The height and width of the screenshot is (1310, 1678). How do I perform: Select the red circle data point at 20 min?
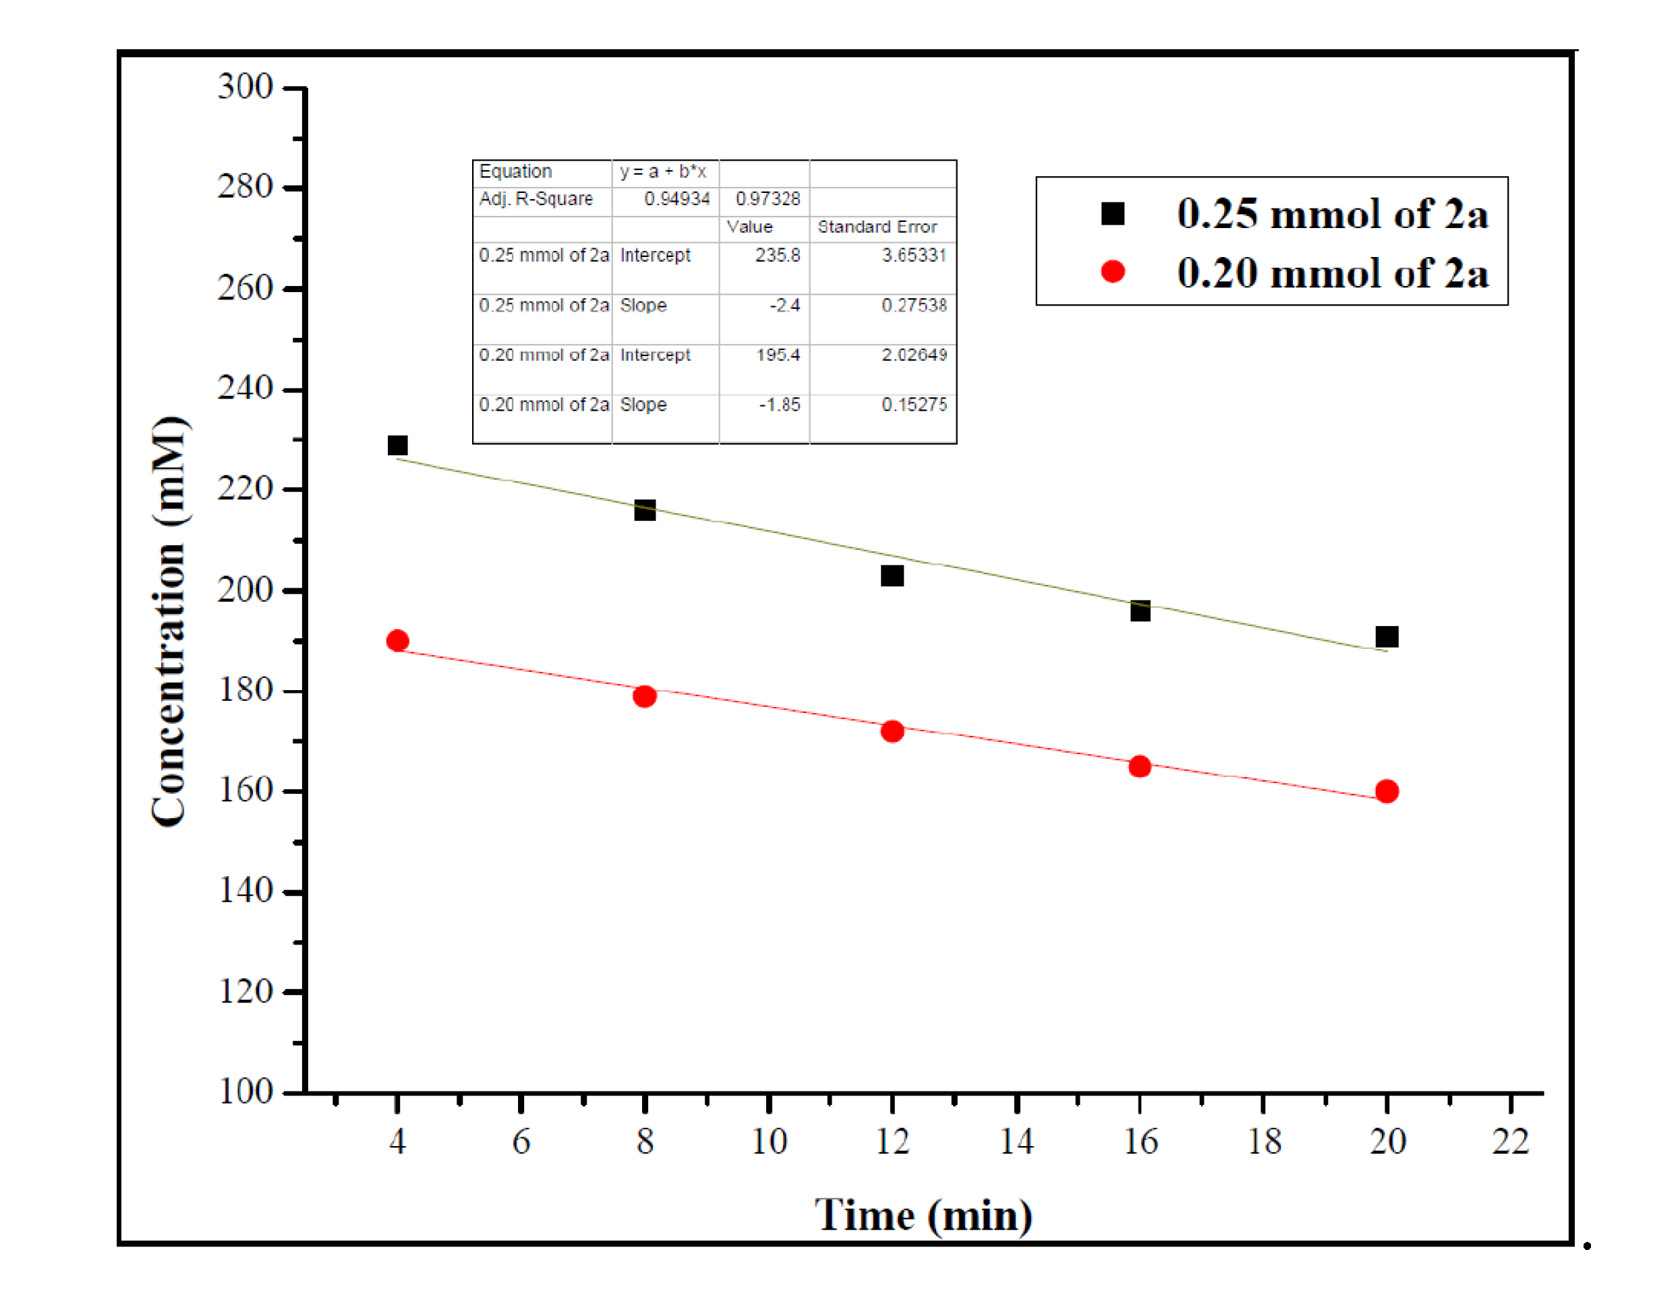pos(1386,791)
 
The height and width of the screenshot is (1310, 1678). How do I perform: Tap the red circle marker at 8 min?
pos(644,696)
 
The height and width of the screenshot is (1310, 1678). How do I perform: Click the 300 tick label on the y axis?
pos(244,86)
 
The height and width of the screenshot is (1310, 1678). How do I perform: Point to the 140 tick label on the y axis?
pos(244,890)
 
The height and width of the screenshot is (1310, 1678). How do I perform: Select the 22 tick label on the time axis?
pos(1510,1141)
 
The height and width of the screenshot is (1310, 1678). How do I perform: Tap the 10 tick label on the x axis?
pos(768,1141)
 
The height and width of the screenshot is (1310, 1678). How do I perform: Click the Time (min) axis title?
pos(923,1215)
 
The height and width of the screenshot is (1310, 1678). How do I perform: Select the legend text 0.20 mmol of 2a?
pos(1331,273)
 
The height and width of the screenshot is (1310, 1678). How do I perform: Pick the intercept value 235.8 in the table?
pos(777,255)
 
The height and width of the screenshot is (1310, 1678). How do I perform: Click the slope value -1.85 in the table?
pos(779,405)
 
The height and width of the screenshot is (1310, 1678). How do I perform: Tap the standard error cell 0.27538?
pos(914,305)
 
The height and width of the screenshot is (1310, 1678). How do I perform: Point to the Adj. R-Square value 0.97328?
pos(767,199)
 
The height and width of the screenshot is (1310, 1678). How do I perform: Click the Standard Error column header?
pos(877,227)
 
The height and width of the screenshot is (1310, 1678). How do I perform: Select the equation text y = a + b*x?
pos(662,171)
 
